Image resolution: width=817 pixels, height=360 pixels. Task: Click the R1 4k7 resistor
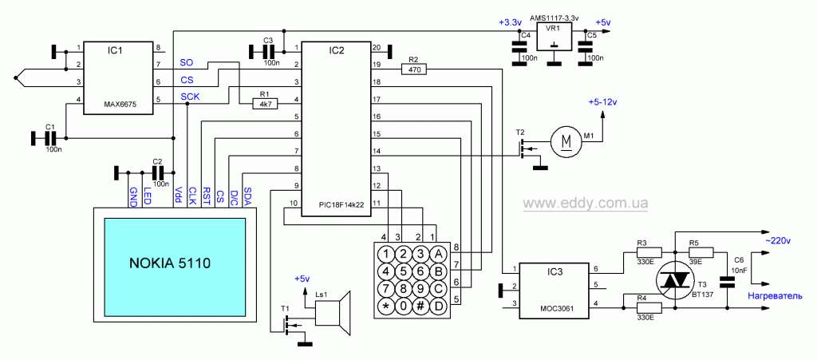265,105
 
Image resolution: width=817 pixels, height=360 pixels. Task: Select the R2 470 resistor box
414,69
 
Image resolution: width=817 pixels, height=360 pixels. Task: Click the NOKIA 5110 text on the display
169,263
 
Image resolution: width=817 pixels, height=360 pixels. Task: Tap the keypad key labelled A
437,255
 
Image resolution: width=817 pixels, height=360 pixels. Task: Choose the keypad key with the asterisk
386,306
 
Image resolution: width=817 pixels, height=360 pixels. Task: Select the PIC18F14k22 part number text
341,205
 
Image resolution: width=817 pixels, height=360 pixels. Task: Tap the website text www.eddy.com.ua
586,203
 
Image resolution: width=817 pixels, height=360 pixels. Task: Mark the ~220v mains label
777,241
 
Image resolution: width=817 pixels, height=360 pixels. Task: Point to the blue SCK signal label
189,97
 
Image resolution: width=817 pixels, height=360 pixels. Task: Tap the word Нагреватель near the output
772,296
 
